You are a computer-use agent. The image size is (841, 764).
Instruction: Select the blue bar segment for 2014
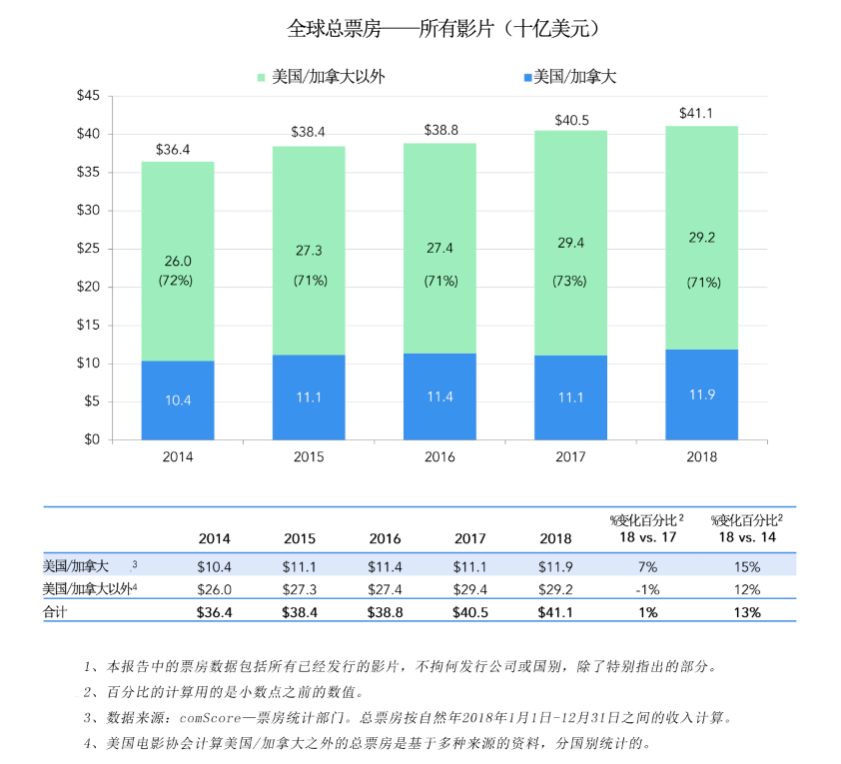point(178,399)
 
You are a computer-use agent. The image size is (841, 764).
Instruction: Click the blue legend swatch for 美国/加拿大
point(526,77)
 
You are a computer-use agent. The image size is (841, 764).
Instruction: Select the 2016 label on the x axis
point(439,457)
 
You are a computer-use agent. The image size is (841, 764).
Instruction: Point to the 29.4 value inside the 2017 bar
point(569,243)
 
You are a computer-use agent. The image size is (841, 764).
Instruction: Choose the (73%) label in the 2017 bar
point(569,281)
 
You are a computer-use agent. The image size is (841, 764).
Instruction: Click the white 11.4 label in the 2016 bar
point(440,396)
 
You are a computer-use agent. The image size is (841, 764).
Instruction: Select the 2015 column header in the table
point(300,538)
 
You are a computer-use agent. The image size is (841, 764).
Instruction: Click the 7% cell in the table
point(646,566)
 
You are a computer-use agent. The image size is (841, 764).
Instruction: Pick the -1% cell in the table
point(646,589)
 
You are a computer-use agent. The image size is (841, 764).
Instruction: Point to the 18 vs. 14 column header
point(747,537)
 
